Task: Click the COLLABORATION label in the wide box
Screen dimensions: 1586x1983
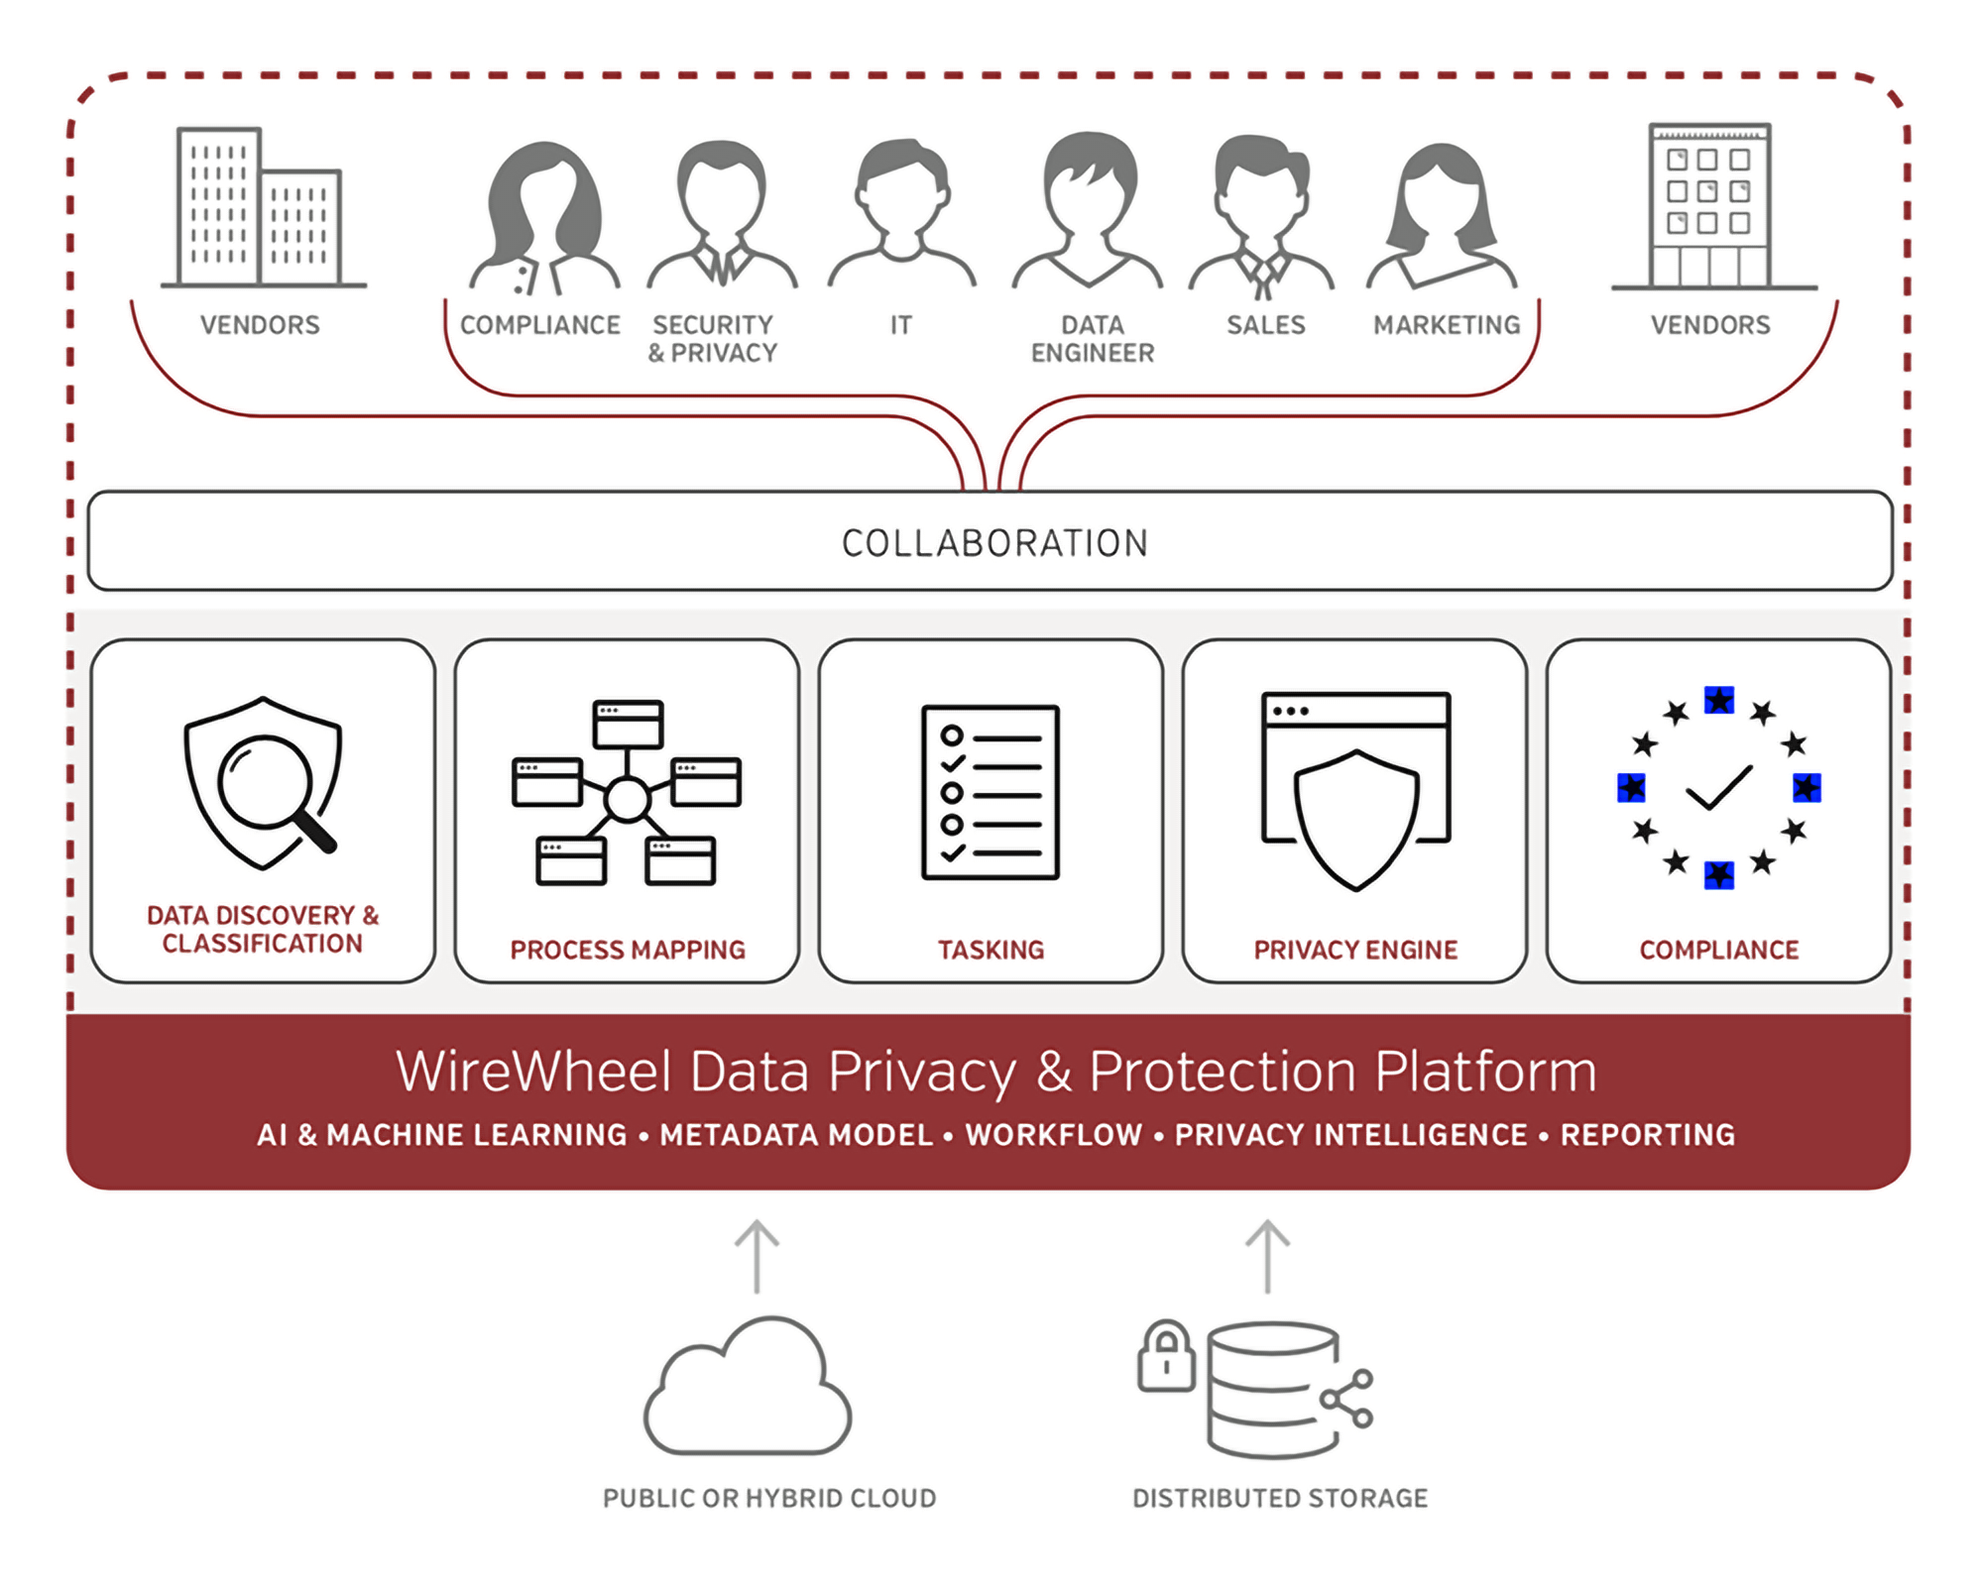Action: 994,543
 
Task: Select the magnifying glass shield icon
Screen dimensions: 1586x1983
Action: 263,783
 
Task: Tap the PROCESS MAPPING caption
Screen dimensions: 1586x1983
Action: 628,950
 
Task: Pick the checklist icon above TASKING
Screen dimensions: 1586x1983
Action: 991,792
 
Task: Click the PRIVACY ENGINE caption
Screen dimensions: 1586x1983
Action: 1355,950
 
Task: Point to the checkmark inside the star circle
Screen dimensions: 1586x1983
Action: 1718,788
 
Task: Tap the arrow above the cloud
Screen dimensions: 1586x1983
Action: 757,1256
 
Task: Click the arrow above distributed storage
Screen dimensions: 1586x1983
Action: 1267,1256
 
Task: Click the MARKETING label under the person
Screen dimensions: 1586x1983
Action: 1447,325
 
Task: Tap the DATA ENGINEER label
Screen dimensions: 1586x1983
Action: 1093,339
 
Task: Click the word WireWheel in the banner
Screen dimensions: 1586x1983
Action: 533,1072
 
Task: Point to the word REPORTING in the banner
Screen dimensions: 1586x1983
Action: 1648,1135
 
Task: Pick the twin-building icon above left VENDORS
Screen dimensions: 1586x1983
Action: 260,208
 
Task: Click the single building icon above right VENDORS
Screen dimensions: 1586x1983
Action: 1710,206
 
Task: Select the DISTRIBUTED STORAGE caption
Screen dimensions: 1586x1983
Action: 1280,1498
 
